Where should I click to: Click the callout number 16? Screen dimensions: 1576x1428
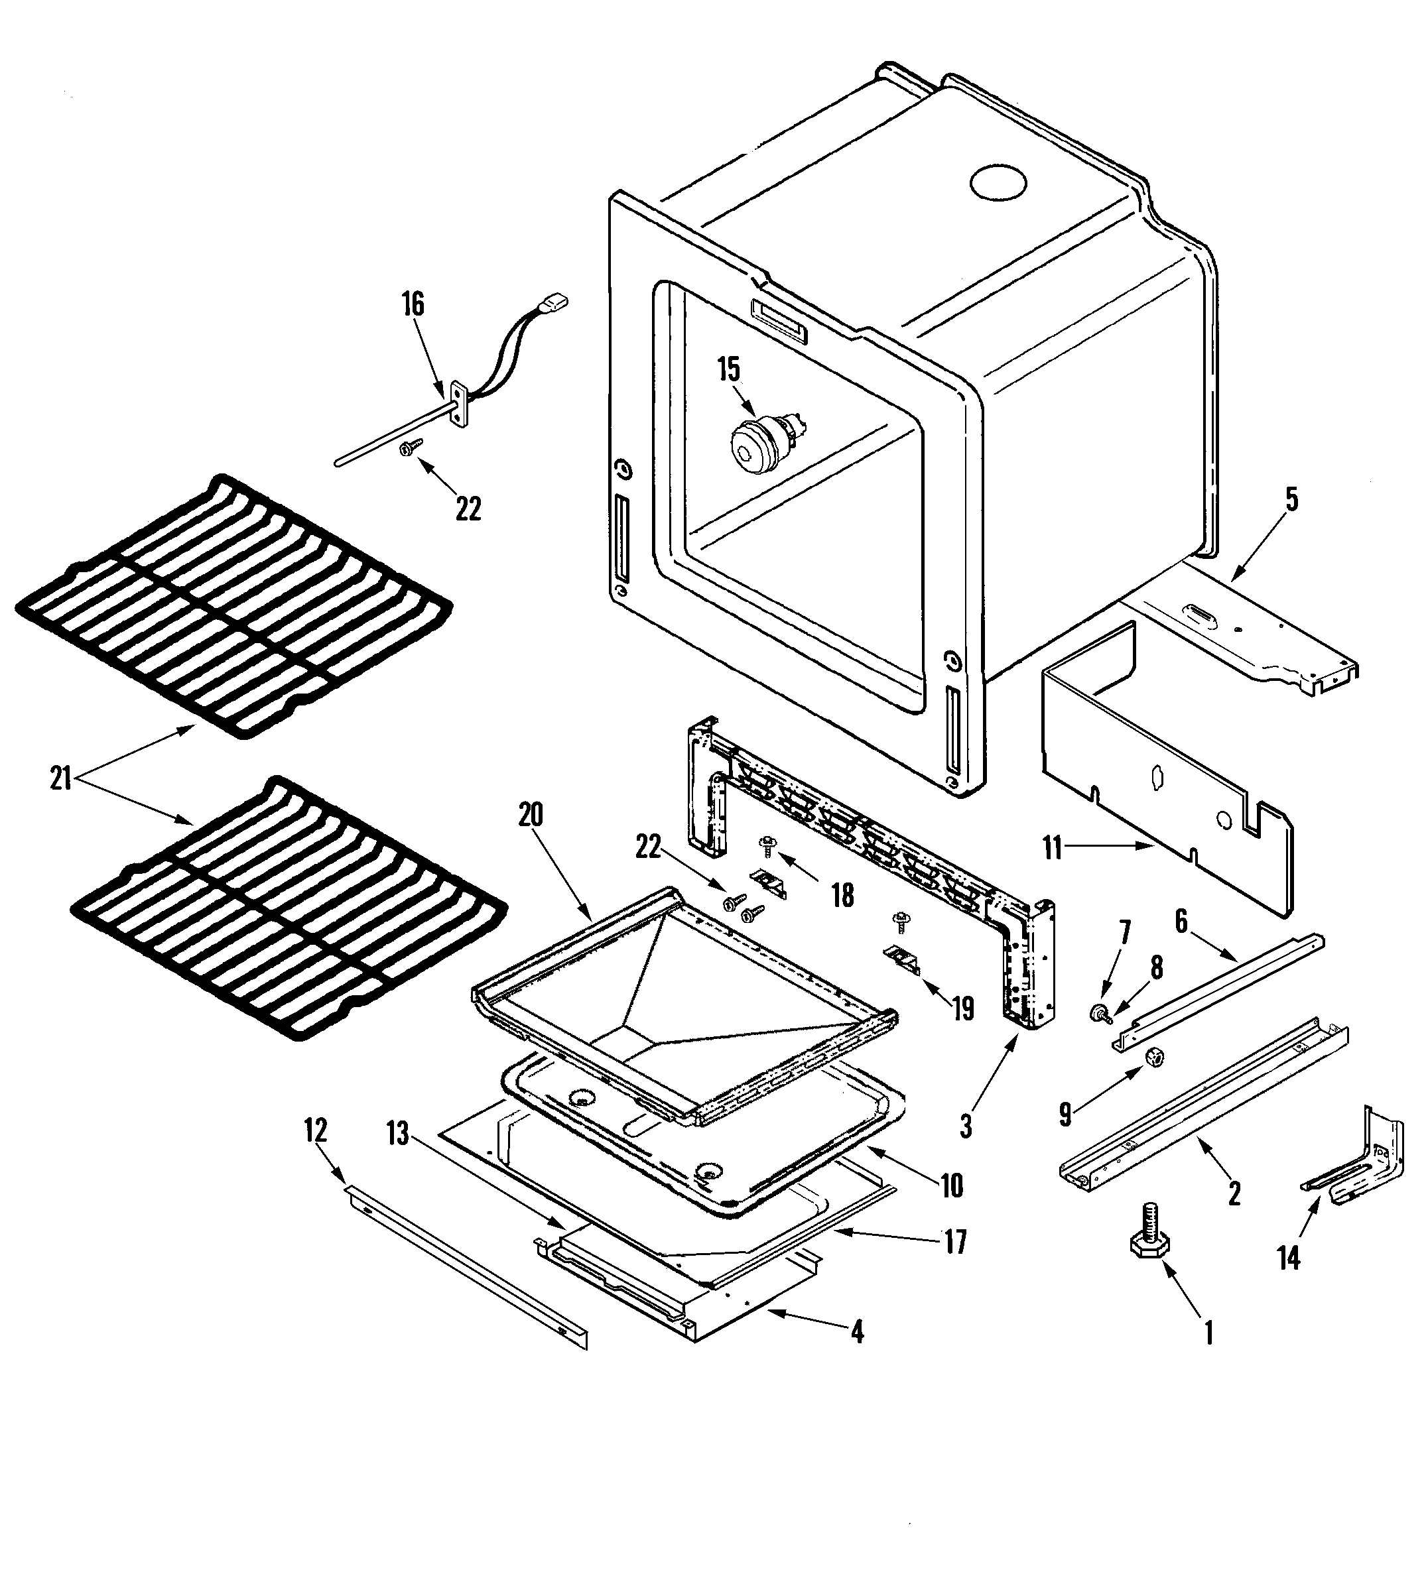(x=413, y=305)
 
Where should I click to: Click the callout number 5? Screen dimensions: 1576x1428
(x=1291, y=499)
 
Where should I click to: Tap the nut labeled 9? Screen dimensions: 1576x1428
(x=1152, y=1058)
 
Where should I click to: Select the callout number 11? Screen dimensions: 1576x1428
(x=1053, y=848)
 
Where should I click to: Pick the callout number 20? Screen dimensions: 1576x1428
(x=530, y=816)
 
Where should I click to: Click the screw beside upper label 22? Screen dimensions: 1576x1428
(x=409, y=446)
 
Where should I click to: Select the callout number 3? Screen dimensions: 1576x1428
(x=966, y=1126)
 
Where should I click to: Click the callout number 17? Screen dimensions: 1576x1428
(x=956, y=1243)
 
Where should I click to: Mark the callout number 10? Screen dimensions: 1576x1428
(x=951, y=1187)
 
